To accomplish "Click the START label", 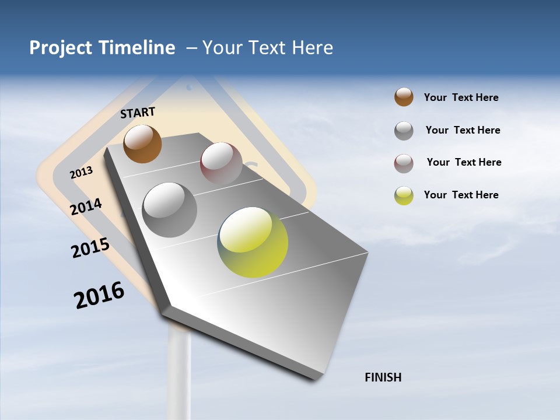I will click(138, 113).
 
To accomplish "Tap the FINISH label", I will click(383, 377).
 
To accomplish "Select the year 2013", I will click(81, 173).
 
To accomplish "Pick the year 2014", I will click(86, 206).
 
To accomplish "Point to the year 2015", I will click(90, 248).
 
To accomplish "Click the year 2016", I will click(99, 296).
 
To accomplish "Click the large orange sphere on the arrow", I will click(142, 143).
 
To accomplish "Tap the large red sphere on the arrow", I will click(221, 163).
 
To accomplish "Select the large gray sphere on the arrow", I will click(170, 210).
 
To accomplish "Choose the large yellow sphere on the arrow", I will click(253, 242).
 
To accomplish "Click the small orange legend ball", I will click(404, 97).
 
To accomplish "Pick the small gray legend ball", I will click(404, 131).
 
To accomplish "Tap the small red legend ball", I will click(404, 163).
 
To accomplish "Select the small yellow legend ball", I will click(404, 195).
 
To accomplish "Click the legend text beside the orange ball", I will click(461, 97).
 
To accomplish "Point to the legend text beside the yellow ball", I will click(461, 195).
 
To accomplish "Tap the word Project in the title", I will click(61, 48).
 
